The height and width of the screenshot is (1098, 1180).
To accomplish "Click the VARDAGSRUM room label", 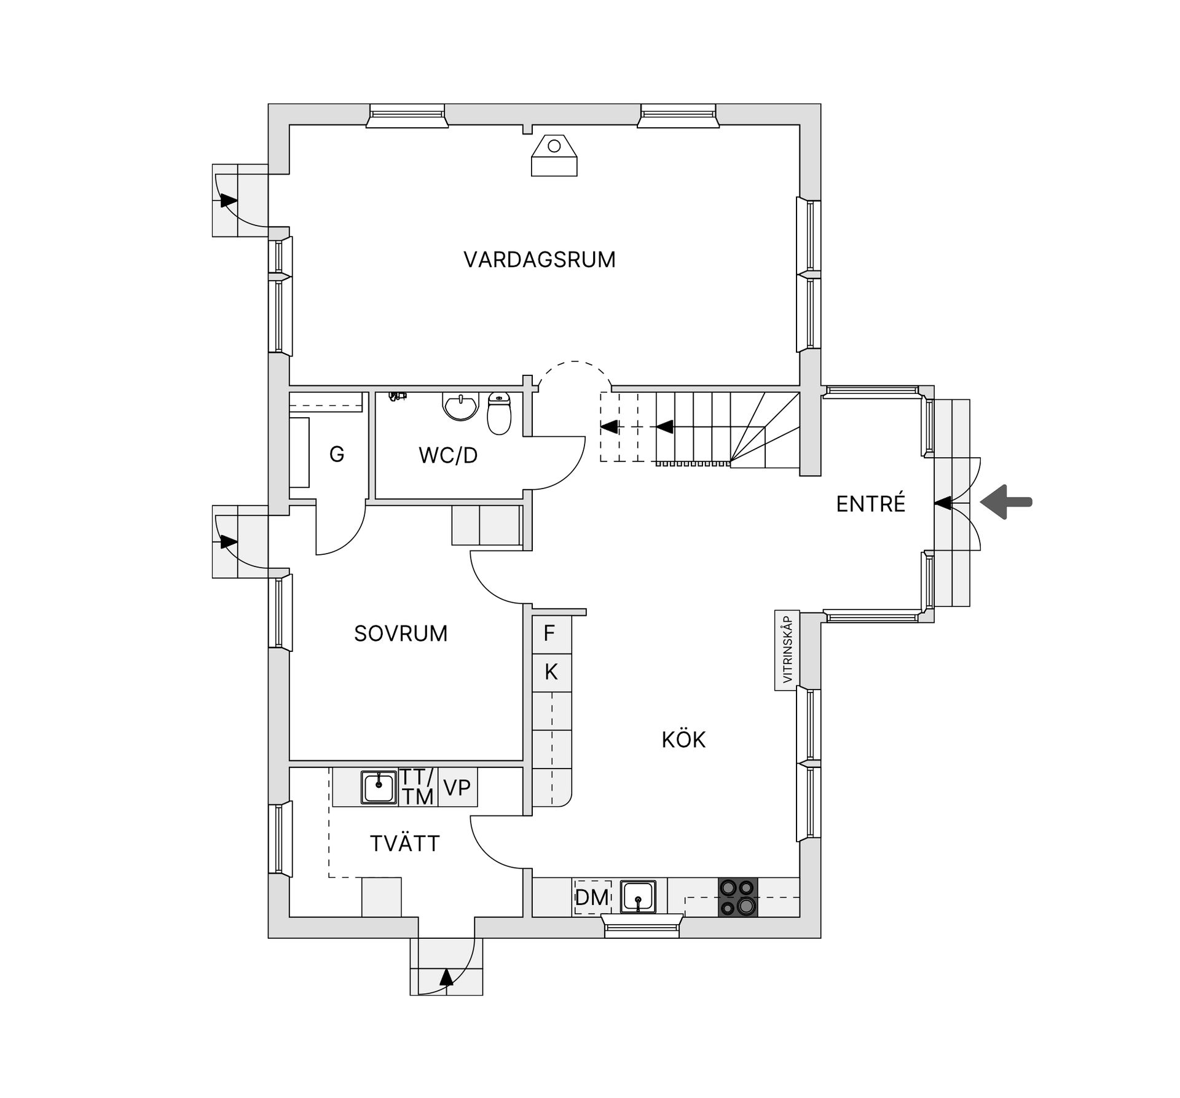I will (539, 260).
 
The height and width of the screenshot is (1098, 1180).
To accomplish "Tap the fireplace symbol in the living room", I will (554, 156).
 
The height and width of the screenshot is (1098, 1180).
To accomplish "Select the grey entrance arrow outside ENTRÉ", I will (1006, 502).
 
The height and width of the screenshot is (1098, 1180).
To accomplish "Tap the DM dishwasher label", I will (592, 897).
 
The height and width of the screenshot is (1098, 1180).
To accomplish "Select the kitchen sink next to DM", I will (638, 896).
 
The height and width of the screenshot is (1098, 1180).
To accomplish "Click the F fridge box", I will (551, 633).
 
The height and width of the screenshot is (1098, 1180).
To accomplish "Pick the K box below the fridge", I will (551, 672).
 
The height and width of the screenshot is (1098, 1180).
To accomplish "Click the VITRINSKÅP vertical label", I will (787, 649).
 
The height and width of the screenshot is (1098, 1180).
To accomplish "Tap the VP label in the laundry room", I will (457, 787).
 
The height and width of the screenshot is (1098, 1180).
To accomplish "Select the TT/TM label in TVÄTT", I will (418, 786).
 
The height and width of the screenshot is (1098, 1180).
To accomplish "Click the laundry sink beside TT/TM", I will (379, 787).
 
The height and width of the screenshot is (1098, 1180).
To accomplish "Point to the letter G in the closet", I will (336, 455).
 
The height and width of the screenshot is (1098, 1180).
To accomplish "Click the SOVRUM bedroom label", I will (401, 633).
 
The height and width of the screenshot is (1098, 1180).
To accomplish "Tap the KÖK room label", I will (683, 740).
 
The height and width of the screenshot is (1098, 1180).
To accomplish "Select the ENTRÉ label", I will (870, 504).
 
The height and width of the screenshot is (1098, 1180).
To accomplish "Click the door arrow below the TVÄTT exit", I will (446, 977).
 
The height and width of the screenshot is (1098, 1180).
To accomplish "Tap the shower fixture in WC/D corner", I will (398, 397).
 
